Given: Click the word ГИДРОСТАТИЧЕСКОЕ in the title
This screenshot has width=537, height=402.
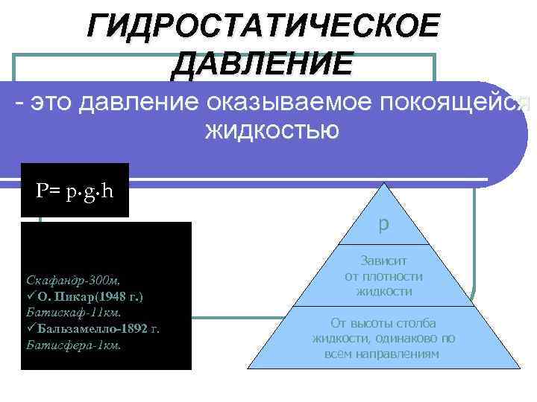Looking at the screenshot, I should (x=263, y=27).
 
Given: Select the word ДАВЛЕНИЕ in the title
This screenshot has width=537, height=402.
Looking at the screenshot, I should (x=262, y=63).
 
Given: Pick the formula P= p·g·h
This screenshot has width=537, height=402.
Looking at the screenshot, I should (x=75, y=191).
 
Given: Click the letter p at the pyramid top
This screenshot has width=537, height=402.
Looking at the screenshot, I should (x=383, y=224).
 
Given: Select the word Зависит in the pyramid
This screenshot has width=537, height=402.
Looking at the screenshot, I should (x=383, y=261).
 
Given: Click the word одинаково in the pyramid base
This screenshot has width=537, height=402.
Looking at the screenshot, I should (x=407, y=338).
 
